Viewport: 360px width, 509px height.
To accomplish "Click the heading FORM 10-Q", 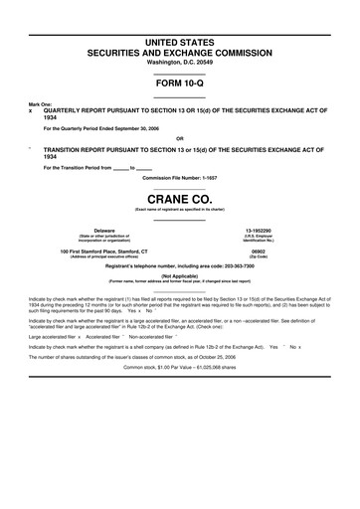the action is [180, 84].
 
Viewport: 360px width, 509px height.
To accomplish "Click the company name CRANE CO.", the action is [180, 198].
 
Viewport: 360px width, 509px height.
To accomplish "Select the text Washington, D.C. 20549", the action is [180, 62].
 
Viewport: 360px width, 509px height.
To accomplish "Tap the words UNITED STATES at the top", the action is [180, 37].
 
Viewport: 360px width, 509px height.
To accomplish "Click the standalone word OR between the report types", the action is [180, 138].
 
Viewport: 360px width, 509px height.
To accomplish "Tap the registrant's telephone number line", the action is [180, 265].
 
